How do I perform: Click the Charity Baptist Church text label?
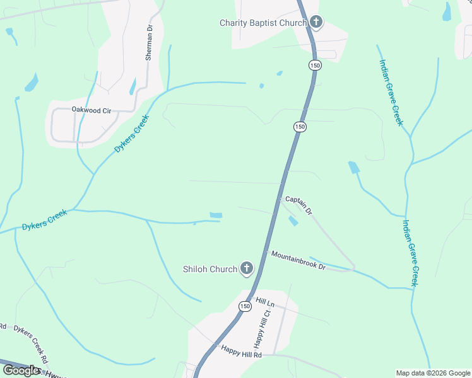pos(263,23)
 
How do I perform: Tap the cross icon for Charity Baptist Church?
pos(316,23)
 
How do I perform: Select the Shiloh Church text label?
pos(210,269)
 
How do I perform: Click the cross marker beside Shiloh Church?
pos(246,269)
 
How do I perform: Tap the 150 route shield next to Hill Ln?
pos(245,306)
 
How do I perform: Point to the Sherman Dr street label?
pos(150,42)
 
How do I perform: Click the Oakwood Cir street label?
pos(91,110)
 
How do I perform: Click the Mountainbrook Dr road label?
pos(298,261)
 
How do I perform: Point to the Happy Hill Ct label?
pos(266,328)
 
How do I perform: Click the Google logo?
pos(21,370)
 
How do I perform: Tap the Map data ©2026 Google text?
pos(433,373)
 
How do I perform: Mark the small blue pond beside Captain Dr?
pos(293,221)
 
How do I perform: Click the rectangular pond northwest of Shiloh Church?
pos(216,215)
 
